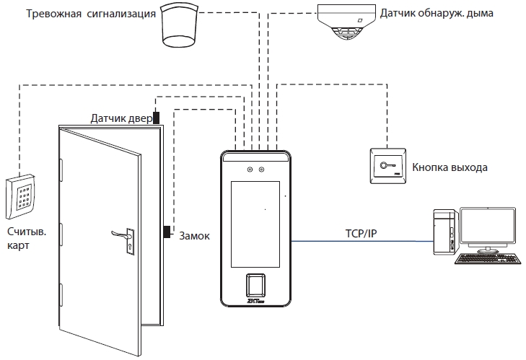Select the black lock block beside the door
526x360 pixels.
coord(167,232)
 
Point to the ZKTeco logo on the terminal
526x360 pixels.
coord(255,303)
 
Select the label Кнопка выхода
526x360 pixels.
coord(450,168)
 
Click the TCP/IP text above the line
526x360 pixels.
coord(361,232)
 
